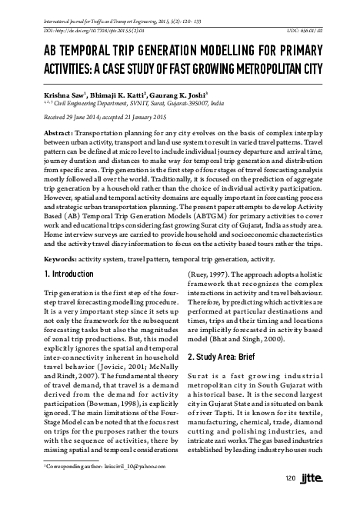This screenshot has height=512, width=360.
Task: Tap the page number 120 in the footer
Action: click(290, 480)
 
